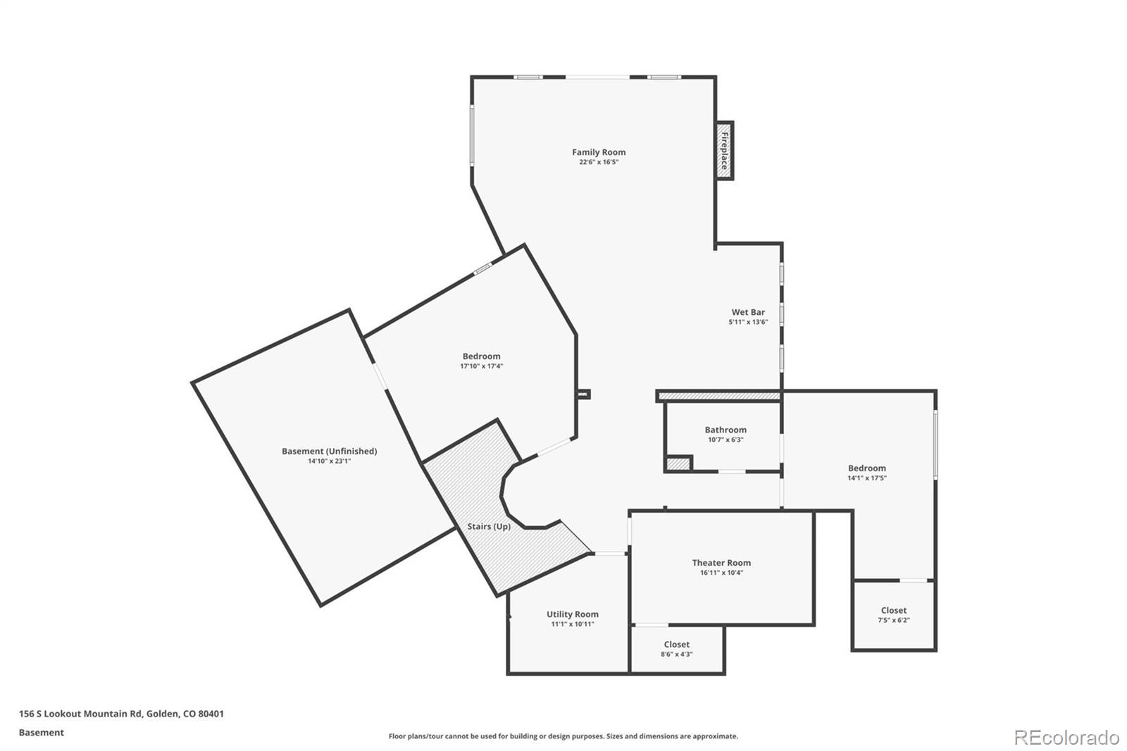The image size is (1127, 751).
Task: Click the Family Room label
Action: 598,152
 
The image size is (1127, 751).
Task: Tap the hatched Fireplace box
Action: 723,150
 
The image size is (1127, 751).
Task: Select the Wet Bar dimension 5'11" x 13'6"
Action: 747,322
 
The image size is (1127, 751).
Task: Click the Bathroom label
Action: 725,430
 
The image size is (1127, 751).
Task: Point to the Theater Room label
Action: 721,563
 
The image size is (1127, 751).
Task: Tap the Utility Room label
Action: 572,614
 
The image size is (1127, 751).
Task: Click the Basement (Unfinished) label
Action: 329,452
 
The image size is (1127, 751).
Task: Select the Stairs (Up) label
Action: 489,527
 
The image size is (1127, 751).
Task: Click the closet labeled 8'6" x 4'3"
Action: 676,649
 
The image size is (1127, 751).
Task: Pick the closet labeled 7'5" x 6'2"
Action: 893,615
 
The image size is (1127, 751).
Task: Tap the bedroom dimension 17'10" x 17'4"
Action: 481,366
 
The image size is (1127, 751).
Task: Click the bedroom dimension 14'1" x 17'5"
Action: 866,478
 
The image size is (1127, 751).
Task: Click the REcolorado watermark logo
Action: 1066,738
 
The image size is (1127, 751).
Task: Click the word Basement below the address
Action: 41,733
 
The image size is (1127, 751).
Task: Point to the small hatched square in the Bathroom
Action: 679,464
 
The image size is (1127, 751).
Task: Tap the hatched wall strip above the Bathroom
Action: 718,397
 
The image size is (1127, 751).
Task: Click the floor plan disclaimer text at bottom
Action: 563,736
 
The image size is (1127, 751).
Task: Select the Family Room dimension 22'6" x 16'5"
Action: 598,162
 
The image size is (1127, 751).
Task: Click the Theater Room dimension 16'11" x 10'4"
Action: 721,573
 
